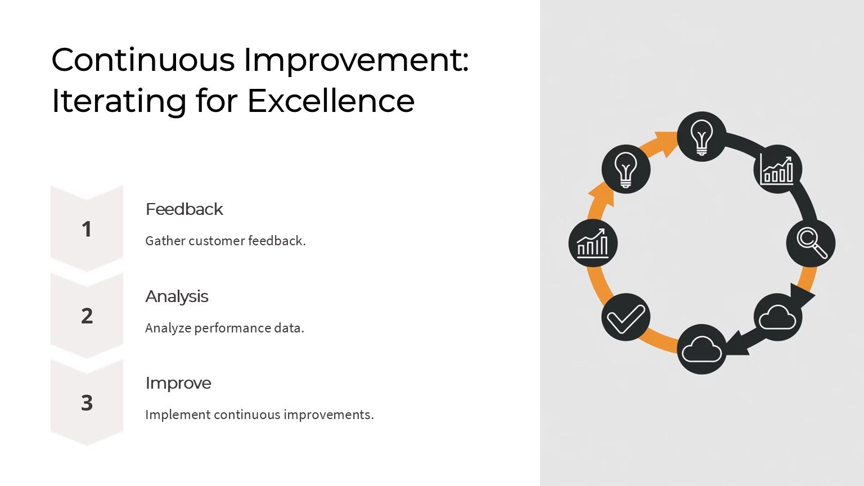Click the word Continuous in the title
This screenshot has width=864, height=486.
coord(143,60)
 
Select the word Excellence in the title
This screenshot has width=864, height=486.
coord(331,101)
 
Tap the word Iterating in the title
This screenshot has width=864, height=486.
coord(119,102)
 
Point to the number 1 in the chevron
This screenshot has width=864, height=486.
coord(87,229)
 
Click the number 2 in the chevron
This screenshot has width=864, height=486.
coord(87,316)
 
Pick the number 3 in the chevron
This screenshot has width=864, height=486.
coord(87,403)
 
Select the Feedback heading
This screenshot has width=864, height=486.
coord(184,209)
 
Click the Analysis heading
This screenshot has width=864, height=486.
coord(177,296)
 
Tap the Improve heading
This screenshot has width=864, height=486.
coord(178,384)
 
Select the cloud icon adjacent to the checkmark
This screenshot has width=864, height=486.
coord(701,349)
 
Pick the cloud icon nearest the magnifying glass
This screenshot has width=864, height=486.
coord(777,317)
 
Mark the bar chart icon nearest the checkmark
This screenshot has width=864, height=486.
coord(593,243)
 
